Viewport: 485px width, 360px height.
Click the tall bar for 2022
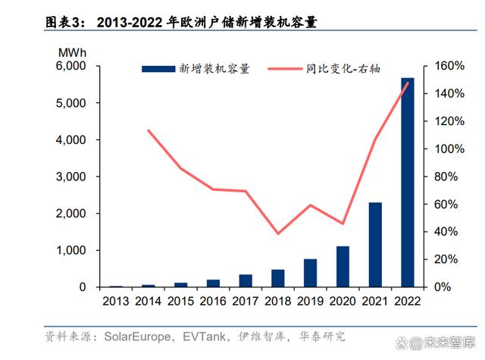pyautogui.click(x=408, y=182)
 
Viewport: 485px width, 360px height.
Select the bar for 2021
pyautogui.click(x=375, y=245)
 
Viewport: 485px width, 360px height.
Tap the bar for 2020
pyautogui.click(x=343, y=267)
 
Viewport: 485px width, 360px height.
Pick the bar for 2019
pyautogui.click(x=310, y=273)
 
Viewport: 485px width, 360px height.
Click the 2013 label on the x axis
pyautogui.click(x=115, y=302)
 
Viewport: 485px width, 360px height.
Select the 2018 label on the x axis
pyautogui.click(x=277, y=302)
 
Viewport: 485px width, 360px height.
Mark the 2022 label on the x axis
pyautogui.click(x=408, y=302)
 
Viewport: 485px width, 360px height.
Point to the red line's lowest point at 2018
pyautogui.click(x=277, y=233)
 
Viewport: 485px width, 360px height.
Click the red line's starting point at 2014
pyautogui.click(x=148, y=130)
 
